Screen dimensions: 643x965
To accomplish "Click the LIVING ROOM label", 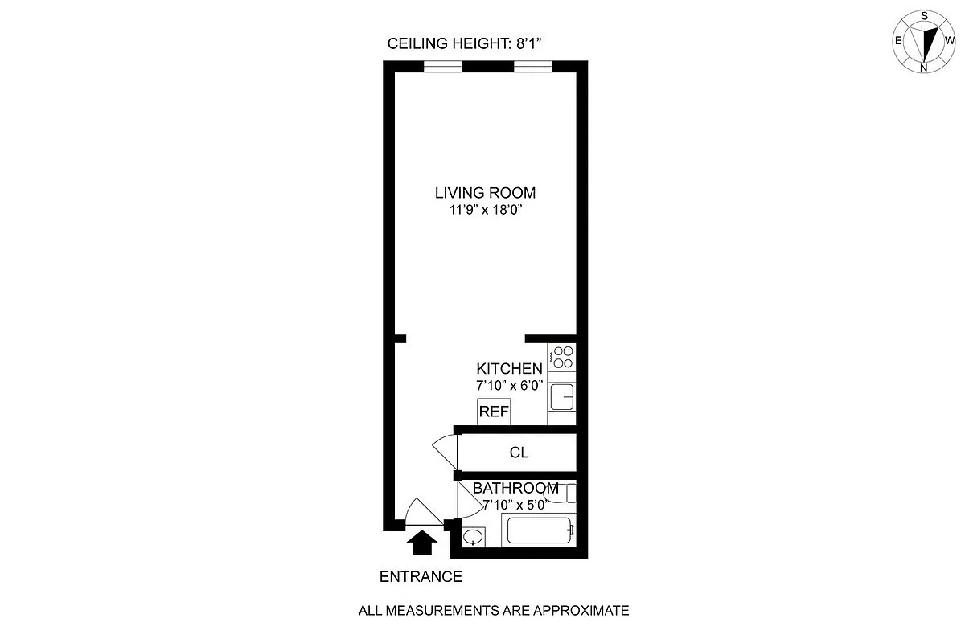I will (x=485, y=193).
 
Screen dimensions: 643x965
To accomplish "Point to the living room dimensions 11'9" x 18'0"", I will (x=485, y=211).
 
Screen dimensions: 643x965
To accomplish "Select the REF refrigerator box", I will (x=494, y=412).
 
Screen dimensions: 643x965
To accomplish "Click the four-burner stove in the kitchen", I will (x=563, y=357).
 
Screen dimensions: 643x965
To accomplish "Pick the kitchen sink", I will (x=561, y=396).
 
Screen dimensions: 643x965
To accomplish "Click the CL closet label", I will (x=519, y=453).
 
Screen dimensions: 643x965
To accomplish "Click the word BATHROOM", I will (x=515, y=488).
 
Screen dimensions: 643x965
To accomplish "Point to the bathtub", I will (x=538, y=530).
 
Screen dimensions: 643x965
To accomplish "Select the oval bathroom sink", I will (x=474, y=536).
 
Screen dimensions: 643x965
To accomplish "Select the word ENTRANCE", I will (x=421, y=576).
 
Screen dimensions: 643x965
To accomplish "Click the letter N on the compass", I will (x=924, y=68).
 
